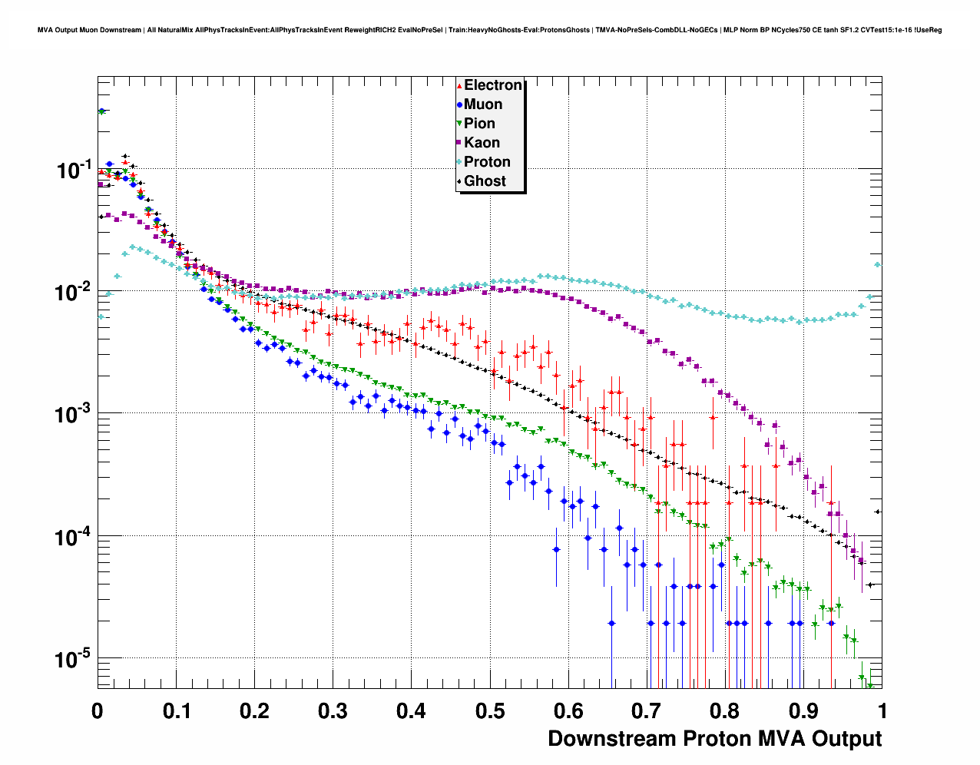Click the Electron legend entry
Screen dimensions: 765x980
point(492,85)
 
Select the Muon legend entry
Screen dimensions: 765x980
point(482,104)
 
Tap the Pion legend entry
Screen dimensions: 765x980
point(479,124)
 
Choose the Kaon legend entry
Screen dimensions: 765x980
point(482,143)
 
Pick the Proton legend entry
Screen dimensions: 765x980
point(487,162)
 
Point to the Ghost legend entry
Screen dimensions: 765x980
point(485,181)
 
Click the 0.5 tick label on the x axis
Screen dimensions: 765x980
point(490,710)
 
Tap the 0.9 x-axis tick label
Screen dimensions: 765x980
point(804,710)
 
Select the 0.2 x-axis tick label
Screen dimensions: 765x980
point(254,710)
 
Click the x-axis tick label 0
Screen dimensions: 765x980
point(98,710)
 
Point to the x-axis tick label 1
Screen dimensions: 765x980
point(882,710)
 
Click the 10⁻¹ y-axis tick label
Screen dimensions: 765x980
point(74,171)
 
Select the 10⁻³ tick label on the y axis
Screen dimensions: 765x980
point(74,415)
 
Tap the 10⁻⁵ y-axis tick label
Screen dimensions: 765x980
point(74,660)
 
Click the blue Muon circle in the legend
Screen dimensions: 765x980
point(459,104)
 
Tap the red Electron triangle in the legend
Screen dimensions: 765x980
point(459,85)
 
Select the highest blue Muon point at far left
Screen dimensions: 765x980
point(101,111)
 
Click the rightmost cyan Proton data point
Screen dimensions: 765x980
point(878,265)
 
